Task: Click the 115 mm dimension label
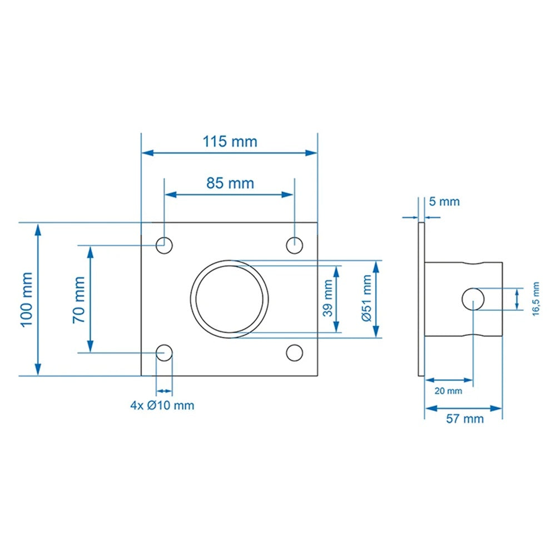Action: pos(230,141)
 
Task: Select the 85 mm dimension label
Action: pos(230,183)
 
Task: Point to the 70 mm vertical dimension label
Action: pos(78,299)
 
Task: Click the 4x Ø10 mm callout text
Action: pos(162,405)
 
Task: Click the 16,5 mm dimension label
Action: pos(536,299)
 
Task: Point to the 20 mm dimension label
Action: pos(448,391)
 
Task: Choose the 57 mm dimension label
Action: pos(465,419)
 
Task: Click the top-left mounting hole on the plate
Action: pos(163,244)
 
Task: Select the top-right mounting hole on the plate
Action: pos(294,244)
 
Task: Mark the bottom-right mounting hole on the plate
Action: pos(294,352)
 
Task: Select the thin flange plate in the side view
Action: pos(421,299)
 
